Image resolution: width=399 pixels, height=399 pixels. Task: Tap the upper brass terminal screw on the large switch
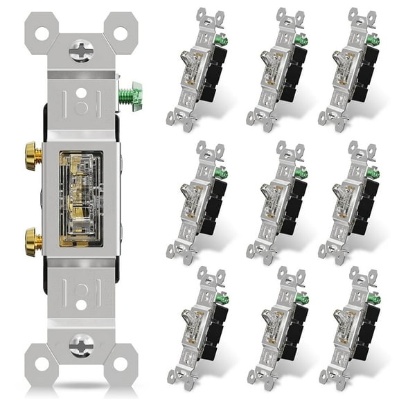point(30,150)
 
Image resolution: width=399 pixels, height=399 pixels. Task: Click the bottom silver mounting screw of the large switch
point(80,344)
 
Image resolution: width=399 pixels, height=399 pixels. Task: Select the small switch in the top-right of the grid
point(349,69)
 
